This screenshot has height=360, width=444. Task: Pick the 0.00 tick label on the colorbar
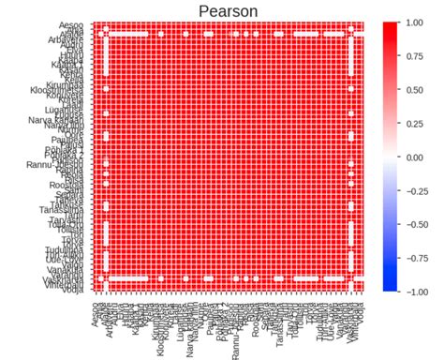(x=421, y=157)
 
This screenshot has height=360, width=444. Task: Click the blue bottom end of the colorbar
(x=394, y=289)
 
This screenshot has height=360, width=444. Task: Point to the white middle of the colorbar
(x=394, y=157)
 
